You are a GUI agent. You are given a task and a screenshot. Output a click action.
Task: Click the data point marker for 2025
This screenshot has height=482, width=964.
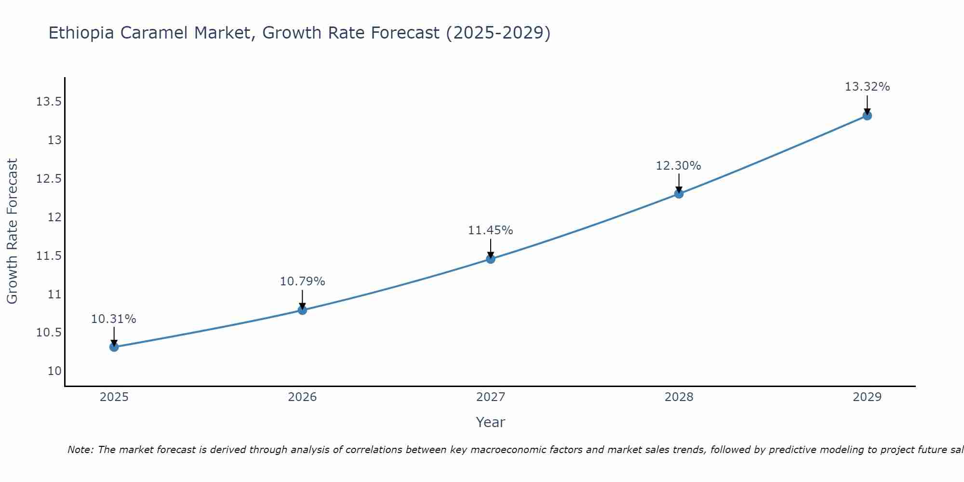pyautogui.click(x=114, y=347)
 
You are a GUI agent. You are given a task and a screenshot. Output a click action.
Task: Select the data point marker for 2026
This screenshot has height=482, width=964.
pyautogui.click(x=302, y=310)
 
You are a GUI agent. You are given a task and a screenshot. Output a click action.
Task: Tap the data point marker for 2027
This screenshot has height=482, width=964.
pyautogui.click(x=491, y=259)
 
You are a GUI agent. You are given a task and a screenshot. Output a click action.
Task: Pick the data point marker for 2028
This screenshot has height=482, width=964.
pyautogui.click(x=679, y=194)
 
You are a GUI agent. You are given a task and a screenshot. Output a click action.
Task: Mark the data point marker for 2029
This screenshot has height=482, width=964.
pyautogui.click(x=867, y=116)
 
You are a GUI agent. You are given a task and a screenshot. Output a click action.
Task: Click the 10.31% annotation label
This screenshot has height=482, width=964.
pyautogui.click(x=114, y=319)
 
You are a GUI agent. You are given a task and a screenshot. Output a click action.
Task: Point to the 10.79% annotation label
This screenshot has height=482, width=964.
pyautogui.click(x=302, y=281)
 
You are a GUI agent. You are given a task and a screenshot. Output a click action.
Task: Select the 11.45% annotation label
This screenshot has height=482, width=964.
pyautogui.click(x=491, y=230)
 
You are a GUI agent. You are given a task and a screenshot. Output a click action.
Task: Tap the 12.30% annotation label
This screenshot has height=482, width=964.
pyautogui.click(x=679, y=166)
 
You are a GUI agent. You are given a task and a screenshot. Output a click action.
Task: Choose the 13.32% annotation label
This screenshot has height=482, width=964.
pyautogui.click(x=867, y=87)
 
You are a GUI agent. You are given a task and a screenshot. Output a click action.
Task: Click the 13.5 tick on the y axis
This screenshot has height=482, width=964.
pyautogui.click(x=49, y=102)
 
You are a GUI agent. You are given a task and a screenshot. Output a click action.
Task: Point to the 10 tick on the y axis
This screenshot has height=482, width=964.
pyautogui.click(x=54, y=371)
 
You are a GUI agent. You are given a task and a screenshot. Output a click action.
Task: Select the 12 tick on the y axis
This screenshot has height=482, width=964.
pyautogui.click(x=54, y=217)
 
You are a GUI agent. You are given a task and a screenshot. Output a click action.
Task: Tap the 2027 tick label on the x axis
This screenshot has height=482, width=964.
pyautogui.click(x=491, y=397)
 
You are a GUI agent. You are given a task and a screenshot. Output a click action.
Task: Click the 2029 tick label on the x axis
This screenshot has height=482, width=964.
pyautogui.click(x=867, y=397)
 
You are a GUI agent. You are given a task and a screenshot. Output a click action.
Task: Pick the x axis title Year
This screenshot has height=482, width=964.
pyautogui.click(x=491, y=422)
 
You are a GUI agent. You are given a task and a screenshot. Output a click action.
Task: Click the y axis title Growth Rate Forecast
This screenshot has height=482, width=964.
pyautogui.click(x=13, y=231)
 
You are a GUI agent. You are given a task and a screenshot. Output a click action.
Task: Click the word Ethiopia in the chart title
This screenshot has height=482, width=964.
pyautogui.click(x=81, y=33)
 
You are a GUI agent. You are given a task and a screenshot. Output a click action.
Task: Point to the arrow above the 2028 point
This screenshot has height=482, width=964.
pyautogui.click(x=679, y=183)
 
